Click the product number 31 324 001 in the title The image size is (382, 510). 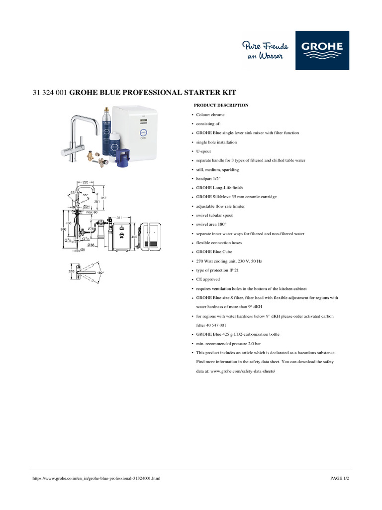49,93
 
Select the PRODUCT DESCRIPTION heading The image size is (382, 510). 221,106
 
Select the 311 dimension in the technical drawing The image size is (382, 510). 119,218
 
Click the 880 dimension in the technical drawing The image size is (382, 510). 63,229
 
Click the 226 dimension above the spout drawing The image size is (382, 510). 86,182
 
